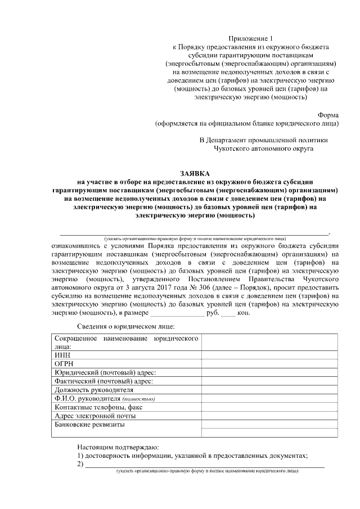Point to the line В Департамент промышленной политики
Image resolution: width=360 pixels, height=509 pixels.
tap(262, 139)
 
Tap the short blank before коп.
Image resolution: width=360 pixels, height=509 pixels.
tap(228, 312)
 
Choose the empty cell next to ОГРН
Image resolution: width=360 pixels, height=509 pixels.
tap(270, 364)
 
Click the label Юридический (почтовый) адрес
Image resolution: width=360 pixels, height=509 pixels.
tap(105, 373)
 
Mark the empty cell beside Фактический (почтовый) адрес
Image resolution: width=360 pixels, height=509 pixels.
tap(270, 381)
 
